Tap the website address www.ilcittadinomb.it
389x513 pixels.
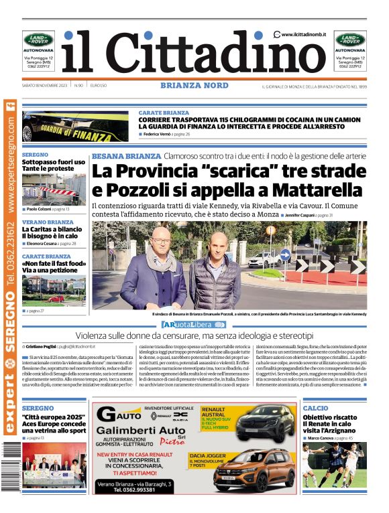tap(304, 34)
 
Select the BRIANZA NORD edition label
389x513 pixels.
tap(194, 85)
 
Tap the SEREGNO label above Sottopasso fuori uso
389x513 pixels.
tap(35, 154)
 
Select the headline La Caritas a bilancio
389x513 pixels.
tap(52, 229)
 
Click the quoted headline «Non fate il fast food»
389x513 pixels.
tap(54, 264)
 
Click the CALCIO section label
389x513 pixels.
tap(315, 408)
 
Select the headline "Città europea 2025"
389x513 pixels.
tap(54, 417)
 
